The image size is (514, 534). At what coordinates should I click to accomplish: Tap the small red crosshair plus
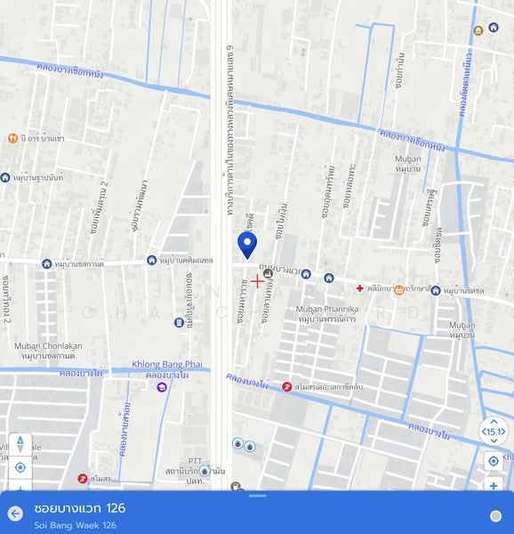tap(257, 281)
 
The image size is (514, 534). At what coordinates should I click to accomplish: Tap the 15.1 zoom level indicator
tap(493, 432)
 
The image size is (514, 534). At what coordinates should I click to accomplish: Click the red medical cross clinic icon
tap(359, 288)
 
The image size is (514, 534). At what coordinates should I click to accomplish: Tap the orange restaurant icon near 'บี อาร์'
tap(12, 138)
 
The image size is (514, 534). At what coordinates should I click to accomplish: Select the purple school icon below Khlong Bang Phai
tap(162, 386)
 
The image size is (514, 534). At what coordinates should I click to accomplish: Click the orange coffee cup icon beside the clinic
tap(399, 289)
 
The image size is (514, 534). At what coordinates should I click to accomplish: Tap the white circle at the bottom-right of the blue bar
tap(495, 515)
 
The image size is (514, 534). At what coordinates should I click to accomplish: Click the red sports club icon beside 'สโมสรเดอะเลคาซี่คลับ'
tap(286, 386)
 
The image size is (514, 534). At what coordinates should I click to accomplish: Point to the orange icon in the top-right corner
tap(479, 31)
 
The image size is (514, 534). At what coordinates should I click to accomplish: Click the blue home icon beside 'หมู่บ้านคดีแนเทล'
tap(152, 261)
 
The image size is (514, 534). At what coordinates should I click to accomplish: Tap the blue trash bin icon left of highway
tap(205, 471)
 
